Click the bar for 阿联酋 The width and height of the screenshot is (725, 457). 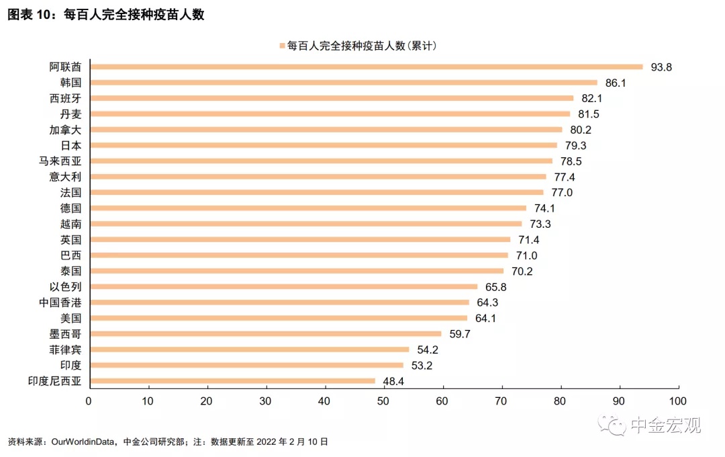[x=366, y=67]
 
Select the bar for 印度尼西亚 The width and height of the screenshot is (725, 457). [x=232, y=381]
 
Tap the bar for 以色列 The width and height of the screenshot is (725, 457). [x=283, y=286]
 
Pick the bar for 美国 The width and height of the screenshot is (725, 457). [x=279, y=318]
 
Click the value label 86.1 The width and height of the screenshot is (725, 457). [x=616, y=83]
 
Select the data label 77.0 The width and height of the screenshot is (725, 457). [x=562, y=193]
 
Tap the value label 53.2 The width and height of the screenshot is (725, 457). [x=422, y=366]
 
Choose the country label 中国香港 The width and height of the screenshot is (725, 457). [x=60, y=302]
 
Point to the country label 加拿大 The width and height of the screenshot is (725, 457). [x=66, y=130]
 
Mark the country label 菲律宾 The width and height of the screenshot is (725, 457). [x=66, y=349]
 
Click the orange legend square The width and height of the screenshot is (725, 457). [x=282, y=46]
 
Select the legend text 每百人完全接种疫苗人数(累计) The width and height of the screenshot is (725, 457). [x=362, y=46]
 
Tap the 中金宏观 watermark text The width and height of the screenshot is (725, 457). [x=665, y=425]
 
